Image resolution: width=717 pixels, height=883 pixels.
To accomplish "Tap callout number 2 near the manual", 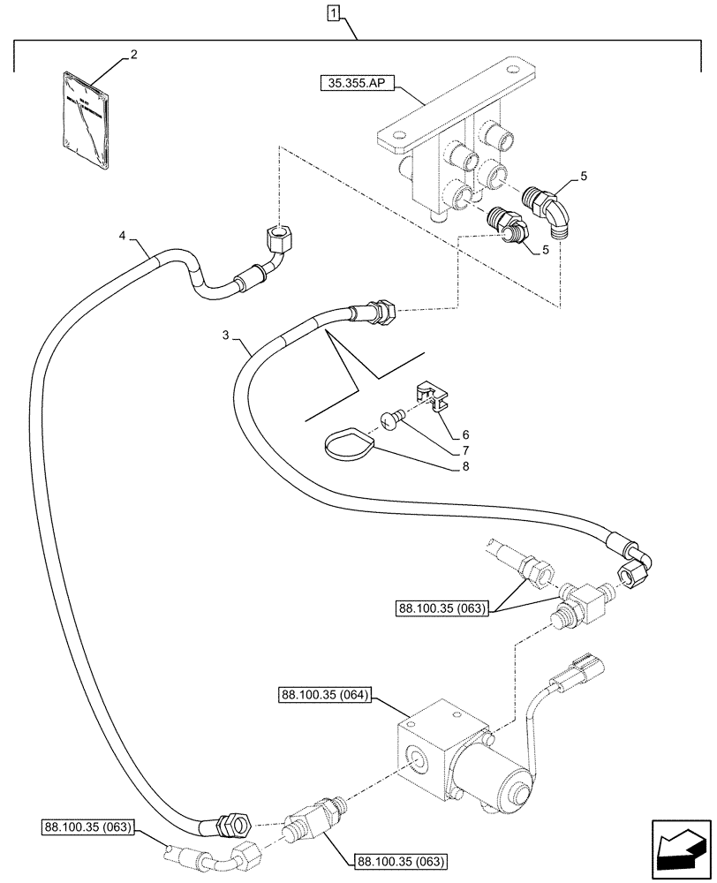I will click(x=133, y=55).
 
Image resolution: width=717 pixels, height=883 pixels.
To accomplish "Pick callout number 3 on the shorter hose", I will click(x=226, y=336).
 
